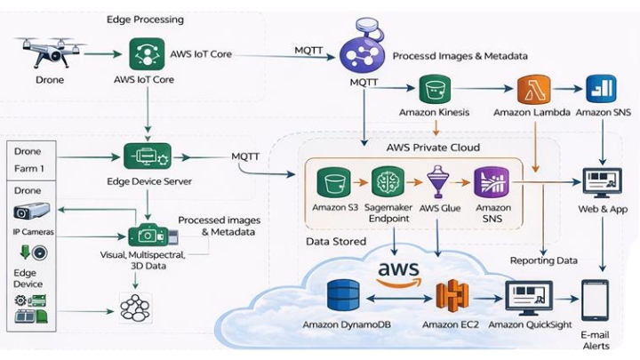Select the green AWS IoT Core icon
(144, 54)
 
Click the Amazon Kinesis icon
(435, 90)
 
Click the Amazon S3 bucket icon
(334, 183)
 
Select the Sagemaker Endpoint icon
(388, 183)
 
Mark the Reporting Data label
(543, 260)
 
